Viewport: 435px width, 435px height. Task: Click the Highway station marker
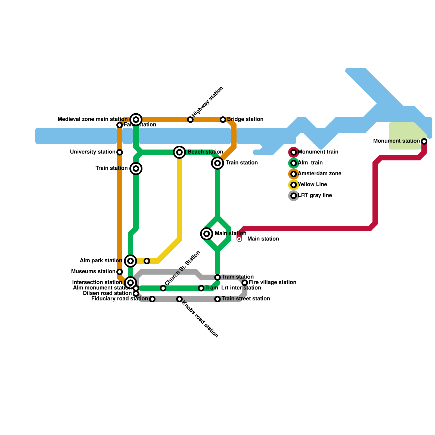(190, 120)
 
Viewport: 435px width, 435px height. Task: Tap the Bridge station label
(245, 119)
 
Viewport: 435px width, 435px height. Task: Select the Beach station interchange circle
(179, 152)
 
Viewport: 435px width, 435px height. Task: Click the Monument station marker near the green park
(424, 141)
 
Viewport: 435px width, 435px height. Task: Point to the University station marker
(120, 152)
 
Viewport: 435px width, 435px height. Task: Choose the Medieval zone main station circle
(136, 120)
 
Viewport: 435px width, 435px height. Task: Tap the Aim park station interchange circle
(130, 261)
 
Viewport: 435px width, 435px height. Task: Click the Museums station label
(93, 272)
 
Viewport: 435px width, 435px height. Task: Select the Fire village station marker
(245, 283)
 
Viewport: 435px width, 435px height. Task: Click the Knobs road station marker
(179, 299)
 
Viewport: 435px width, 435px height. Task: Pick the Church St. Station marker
(163, 288)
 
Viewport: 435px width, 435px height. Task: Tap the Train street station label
(246, 299)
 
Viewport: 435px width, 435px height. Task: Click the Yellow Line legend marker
(294, 185)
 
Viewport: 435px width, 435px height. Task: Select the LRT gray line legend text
(315, 195)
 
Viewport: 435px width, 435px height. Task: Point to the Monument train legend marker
(294, 152)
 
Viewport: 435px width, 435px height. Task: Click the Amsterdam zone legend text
(319, 174)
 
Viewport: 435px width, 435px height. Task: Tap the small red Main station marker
(239, 239)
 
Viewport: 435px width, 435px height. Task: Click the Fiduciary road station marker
(152, 299)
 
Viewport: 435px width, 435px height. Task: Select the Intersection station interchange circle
(130, 283)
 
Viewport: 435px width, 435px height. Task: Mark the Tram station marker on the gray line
(217, 277)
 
